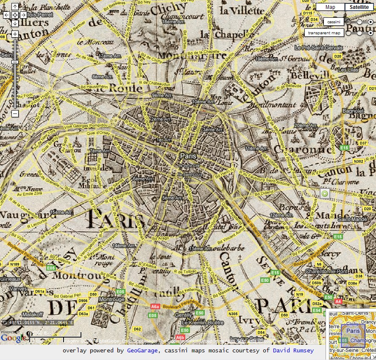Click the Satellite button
click(359, 7)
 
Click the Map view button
click(330, 7)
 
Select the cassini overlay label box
click(334, 21)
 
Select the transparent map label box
click(323, 33)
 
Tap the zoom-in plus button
click(15, 34)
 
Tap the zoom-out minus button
click(15, 114)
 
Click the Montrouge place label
click(111, 299)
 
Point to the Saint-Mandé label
click(350, 219)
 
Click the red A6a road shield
click(155, 306)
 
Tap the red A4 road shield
click(338, 302)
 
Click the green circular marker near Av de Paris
click(325, 194)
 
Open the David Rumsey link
click(293, 350)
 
